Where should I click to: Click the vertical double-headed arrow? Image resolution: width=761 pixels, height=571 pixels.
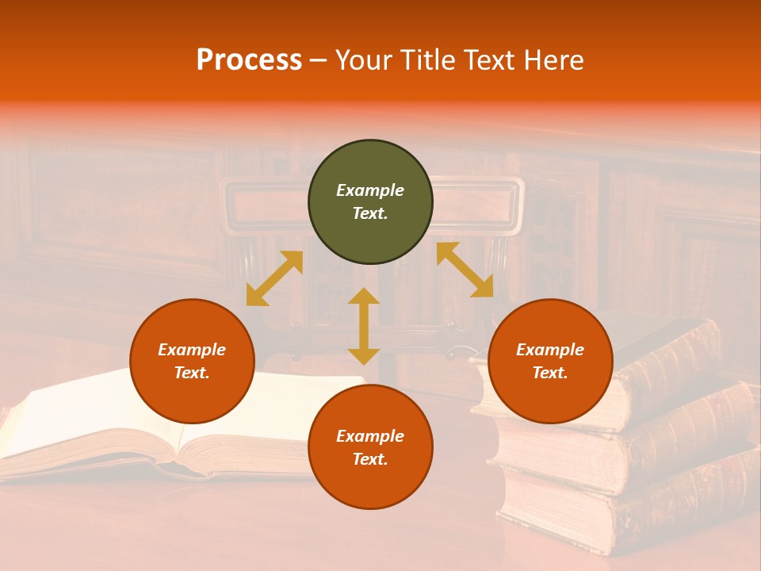coord(364,326)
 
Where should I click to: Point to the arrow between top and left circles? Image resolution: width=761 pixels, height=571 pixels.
coord(274,278)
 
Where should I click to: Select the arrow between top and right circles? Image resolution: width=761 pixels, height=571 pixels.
coord(465,270)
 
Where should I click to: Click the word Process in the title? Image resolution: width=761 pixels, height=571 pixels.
coord(249,60)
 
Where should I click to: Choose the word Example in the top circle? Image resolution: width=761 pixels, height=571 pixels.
coord(370,190)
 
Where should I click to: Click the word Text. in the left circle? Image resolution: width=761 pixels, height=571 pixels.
coord(192,373)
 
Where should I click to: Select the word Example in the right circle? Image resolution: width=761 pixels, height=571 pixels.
coord(550,350)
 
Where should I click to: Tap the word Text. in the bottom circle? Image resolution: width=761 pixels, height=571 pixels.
coord(370,459)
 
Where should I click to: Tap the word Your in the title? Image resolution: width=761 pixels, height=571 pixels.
coord(361,60)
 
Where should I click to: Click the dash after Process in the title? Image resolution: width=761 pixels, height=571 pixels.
coord(319,61)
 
